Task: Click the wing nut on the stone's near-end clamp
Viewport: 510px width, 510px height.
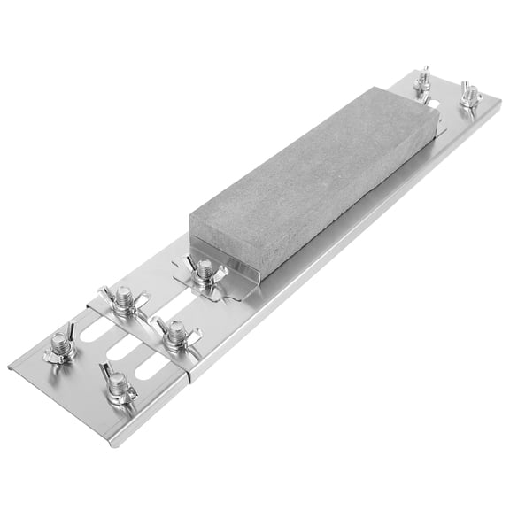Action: (204, 271)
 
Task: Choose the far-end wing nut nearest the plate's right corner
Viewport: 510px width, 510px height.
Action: (468, 94)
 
